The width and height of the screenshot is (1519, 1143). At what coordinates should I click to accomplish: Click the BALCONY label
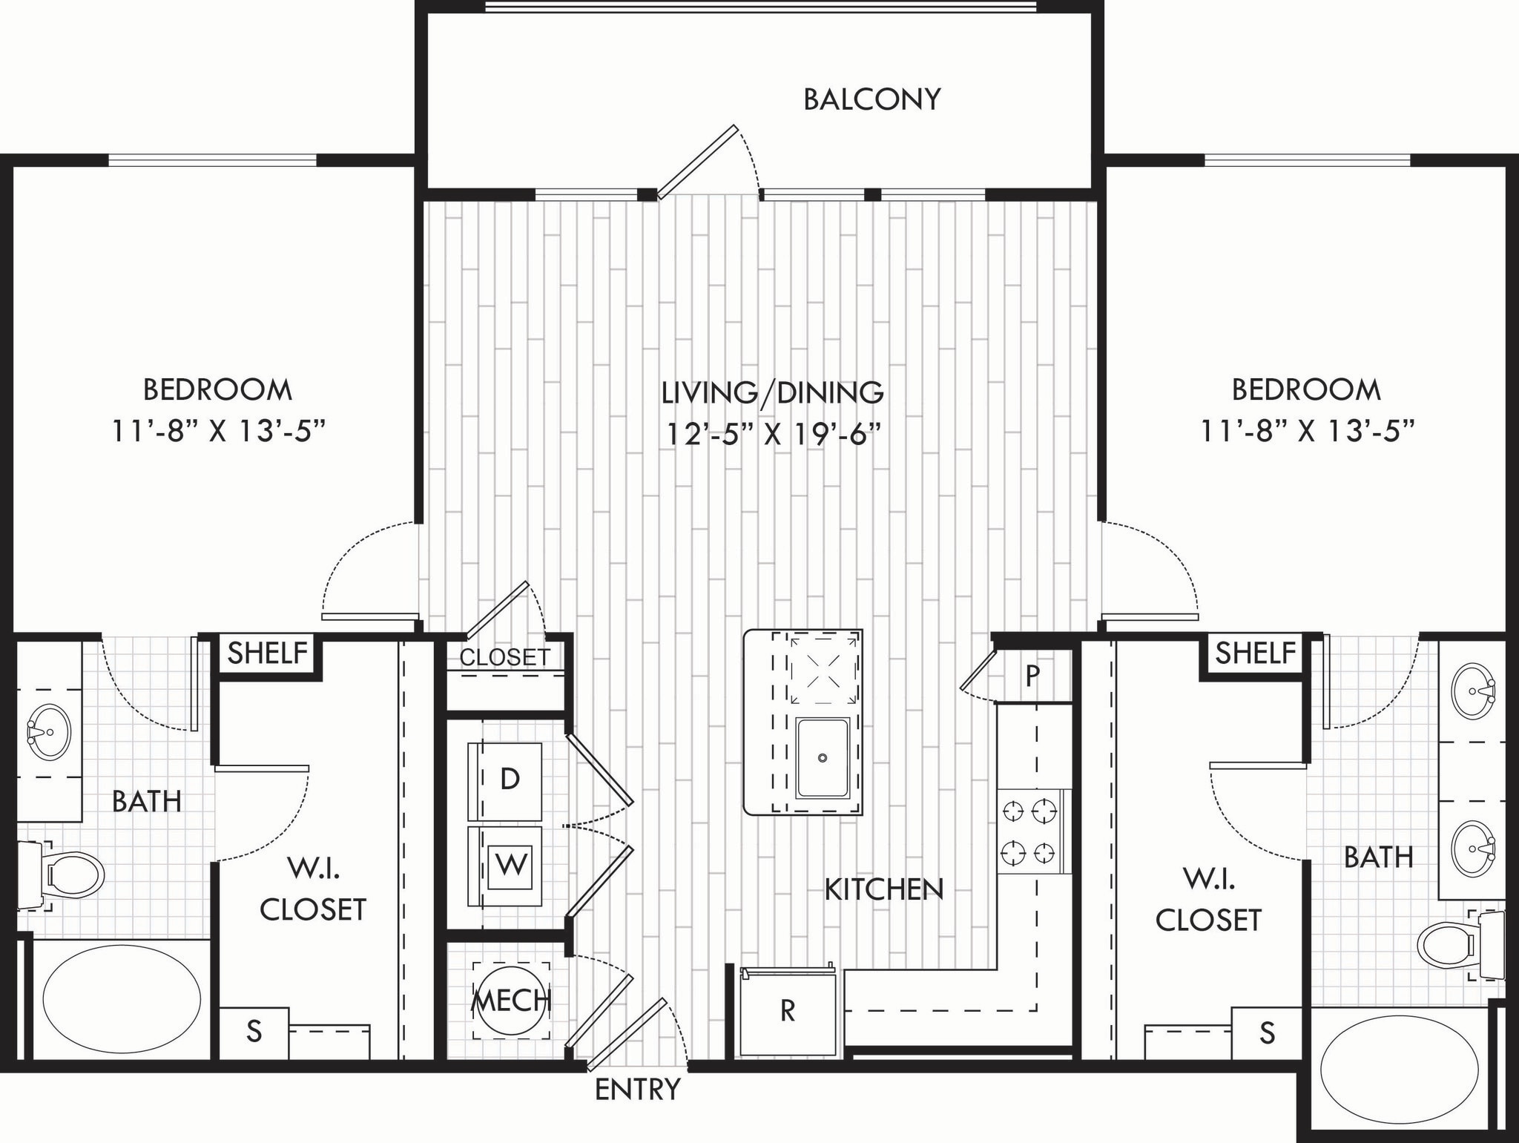(871, 99)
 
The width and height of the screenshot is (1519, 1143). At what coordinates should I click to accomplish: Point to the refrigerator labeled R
(788, 1011)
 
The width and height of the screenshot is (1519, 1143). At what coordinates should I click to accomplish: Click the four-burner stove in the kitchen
(1030, 831)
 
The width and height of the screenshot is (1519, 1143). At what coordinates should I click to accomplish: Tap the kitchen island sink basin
(822, 757)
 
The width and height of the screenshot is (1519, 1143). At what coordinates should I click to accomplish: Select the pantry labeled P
(1032, 675)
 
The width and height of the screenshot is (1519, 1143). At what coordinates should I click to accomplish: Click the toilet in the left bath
(67, 875)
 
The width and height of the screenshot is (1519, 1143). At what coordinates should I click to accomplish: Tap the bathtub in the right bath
(1400, 1070)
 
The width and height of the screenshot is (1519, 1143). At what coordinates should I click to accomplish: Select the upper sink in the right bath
(1474, 691)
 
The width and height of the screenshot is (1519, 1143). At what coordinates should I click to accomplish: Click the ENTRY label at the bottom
(637, 1090)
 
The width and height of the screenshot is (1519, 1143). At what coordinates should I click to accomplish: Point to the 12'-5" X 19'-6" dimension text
(774, 432)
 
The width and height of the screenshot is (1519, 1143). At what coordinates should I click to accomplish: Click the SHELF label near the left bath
(267, 653)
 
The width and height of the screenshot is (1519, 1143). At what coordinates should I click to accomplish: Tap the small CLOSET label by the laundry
(505, 657)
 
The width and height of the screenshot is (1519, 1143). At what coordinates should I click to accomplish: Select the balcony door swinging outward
(697, 162)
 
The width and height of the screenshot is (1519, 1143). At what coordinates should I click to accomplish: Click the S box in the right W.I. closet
(1267, 1032)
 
